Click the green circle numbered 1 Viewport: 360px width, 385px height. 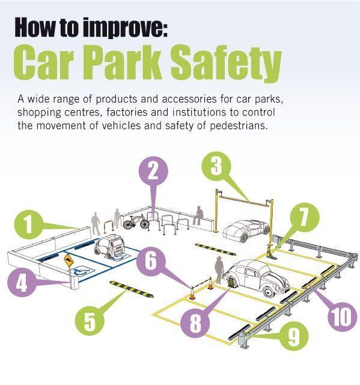coord(29,224)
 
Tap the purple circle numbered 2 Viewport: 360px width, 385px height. coord(153,171)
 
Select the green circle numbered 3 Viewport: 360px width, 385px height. coord(216,167)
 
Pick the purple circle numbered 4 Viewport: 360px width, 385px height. coord(22,282)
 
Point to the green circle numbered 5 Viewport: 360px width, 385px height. coord(90,321)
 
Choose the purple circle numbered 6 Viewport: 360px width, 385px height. coord(151,260)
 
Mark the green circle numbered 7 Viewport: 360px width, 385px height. coord(305,217)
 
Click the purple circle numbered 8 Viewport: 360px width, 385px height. coord(195,322)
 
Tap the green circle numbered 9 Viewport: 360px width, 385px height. coord(293,336)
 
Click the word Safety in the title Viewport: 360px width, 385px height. coord(225,63)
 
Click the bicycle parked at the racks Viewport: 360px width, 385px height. coord(136,221)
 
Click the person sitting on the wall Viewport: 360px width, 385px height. coord(198,215)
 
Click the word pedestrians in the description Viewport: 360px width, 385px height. coord(238,126)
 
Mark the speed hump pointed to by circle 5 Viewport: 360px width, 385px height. coord(132,289)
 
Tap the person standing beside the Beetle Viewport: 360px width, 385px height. coord(219,270)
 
